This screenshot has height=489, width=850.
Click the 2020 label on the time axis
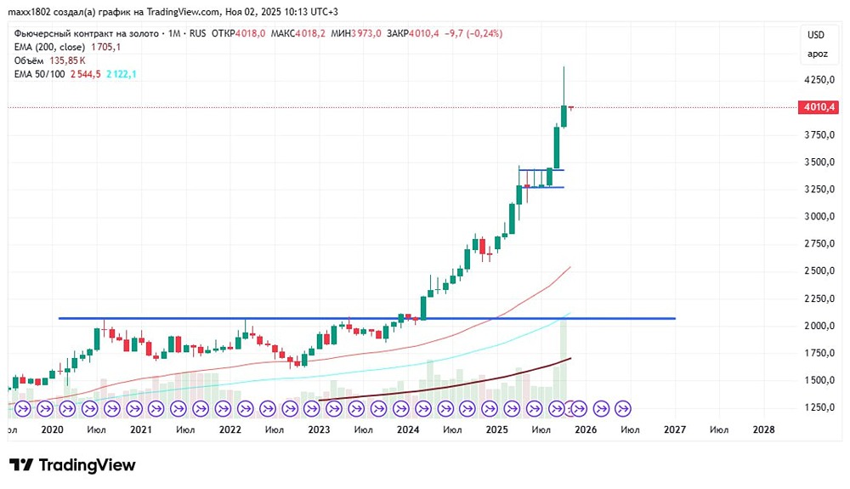(x=53, y=430)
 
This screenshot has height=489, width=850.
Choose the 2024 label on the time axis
(x=408, y=430)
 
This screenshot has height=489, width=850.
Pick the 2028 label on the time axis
(x=764, y=430)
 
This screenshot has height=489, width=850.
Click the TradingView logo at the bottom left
(x=73, y=465)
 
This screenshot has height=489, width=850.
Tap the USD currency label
(x=816, y=35)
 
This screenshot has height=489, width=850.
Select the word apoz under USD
(x=816, y=54)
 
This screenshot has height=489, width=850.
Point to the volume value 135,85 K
(x=69, y=61)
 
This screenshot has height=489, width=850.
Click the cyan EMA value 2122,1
(x=120, y=75)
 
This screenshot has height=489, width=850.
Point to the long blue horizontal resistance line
(x=255, y=318)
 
